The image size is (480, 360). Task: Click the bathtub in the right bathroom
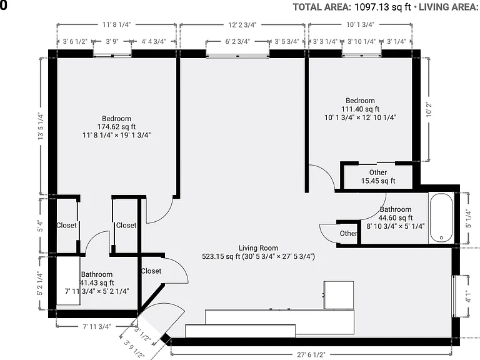(441, 218)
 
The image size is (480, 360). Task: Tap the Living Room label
(258, 248)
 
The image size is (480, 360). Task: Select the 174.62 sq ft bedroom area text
(117, 127)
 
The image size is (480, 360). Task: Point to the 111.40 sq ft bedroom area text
(360, 109)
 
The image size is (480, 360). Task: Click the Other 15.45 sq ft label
(378, 177)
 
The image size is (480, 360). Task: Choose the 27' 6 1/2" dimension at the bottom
(311, 355)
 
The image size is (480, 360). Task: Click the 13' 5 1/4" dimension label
(41, 126)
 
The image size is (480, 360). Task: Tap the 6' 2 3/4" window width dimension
(237, 41)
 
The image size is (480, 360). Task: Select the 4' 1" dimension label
(468, 296)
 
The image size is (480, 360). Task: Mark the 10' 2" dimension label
(429, 109)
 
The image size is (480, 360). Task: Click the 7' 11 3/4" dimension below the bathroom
(97, 327)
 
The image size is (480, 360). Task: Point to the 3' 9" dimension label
(112, 41)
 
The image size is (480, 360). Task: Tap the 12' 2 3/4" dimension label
(242, 25)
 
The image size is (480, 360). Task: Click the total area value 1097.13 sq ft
(382, 7)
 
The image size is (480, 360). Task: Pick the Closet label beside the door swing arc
(151, 271)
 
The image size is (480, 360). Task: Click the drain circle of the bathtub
(441, 237)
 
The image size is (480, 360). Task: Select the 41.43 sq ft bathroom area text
(97, 282)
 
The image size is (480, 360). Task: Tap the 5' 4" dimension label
(41, 226)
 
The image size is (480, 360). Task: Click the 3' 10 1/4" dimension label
(361, 41)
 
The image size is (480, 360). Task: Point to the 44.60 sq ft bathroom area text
(396, 217)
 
